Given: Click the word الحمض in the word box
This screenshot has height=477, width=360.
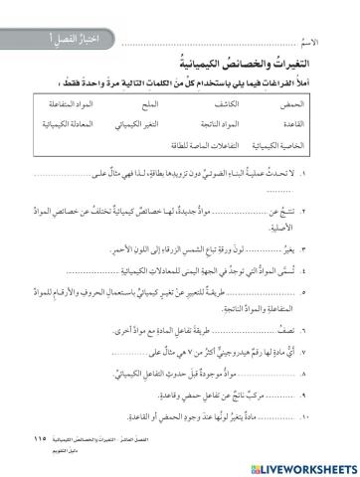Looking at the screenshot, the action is tap(289, 104).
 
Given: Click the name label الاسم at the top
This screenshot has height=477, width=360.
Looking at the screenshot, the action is tap(312, 46).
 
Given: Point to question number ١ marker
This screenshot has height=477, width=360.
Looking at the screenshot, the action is tap(332, 176).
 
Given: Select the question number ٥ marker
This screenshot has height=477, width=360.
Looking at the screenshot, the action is tap(332, 294).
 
